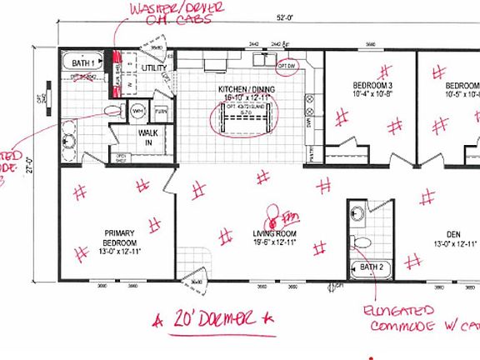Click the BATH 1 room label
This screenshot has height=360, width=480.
click(82, 62)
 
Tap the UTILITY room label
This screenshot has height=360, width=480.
click(154, 67)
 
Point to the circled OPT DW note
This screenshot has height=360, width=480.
click(287, 64)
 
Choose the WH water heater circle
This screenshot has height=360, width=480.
click(139, 110)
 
